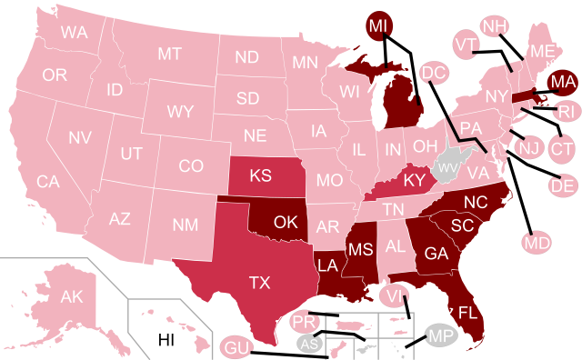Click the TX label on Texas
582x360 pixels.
click(259, 283)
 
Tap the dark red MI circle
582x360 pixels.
click(379, 26)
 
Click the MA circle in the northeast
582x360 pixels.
click(563, 82)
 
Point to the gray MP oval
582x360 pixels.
click(443, 337)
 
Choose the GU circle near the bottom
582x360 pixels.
click(236, 348)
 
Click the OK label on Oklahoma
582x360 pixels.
click(286, 222)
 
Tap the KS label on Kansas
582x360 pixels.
click(261, 175)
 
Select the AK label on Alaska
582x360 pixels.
click(71, 297)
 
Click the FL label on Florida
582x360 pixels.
click(467, 312)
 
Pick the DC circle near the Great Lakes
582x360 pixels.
click(434, 73)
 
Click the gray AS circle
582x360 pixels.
click(309, 344)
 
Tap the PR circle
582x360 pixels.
click(304, 322)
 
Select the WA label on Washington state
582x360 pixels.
click(74, 33)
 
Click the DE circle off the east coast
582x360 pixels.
click(563, 185)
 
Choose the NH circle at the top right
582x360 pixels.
click(494, 26)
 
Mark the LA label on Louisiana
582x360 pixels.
click(328, 265)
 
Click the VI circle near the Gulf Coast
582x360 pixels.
click(395, 295)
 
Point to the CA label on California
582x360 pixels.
click(48, 182)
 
